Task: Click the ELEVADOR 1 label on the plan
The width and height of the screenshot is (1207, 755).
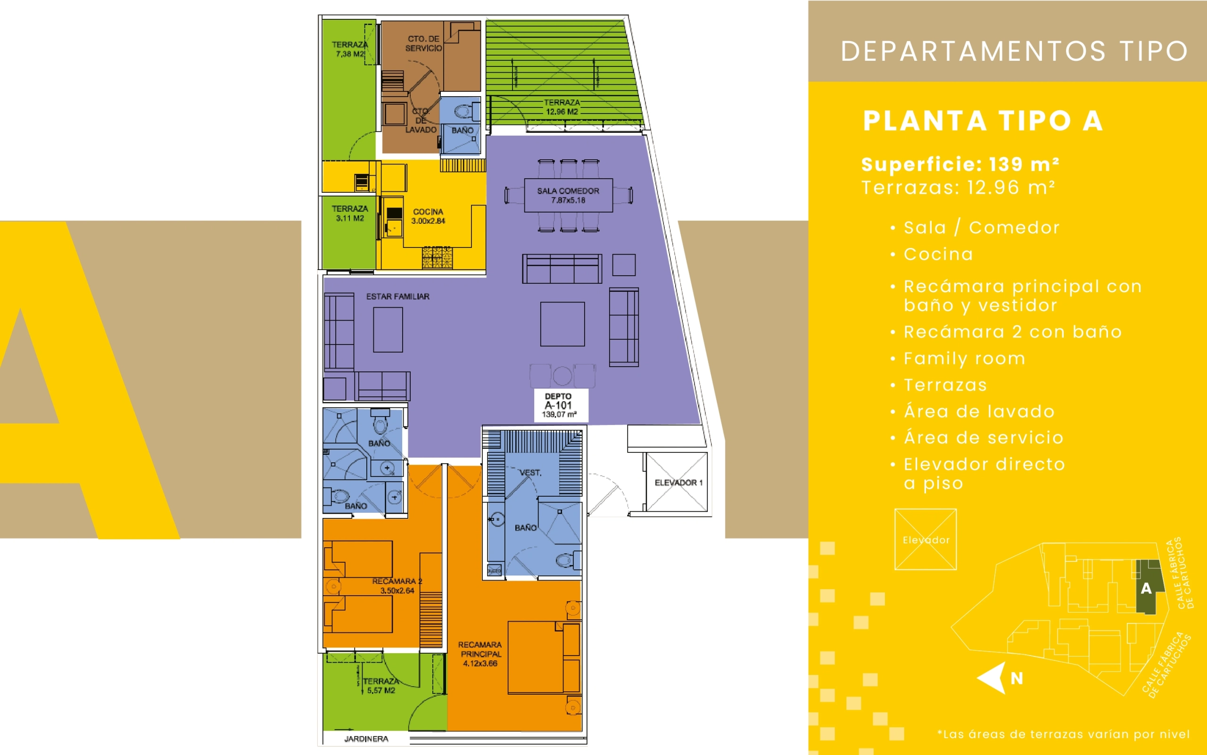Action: coord(678,483)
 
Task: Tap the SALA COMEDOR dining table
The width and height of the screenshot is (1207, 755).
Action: coord(568,195)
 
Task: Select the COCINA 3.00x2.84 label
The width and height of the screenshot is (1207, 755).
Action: coord(428,216)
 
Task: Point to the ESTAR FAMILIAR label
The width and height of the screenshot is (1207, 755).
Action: coord(397,296)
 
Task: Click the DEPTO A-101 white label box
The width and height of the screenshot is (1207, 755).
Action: coord(561,405)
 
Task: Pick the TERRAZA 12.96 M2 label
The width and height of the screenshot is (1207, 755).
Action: coord(562,107)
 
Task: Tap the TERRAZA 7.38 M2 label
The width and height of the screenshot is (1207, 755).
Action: coord(350,49)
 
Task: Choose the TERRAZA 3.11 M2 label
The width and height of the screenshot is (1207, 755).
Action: coord(350,213)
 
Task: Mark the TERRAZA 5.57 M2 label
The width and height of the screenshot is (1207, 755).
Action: coord(380,686)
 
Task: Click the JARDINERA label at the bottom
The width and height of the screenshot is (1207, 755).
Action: coord(366,739)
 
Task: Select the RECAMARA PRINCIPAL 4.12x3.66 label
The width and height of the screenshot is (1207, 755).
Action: coord(479,654)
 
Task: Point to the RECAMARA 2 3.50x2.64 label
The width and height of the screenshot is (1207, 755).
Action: coord(397,586)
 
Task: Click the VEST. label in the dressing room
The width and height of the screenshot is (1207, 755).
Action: coord(530,472)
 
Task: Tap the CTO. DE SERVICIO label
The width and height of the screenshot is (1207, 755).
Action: coord(424,43)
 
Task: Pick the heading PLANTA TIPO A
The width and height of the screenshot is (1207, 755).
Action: coord(983,121)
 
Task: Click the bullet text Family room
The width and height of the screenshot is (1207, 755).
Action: coord(964,359)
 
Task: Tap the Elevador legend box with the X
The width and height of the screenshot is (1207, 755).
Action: coord(926,539)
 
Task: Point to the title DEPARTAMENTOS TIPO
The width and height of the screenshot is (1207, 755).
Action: coord(1014,51)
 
